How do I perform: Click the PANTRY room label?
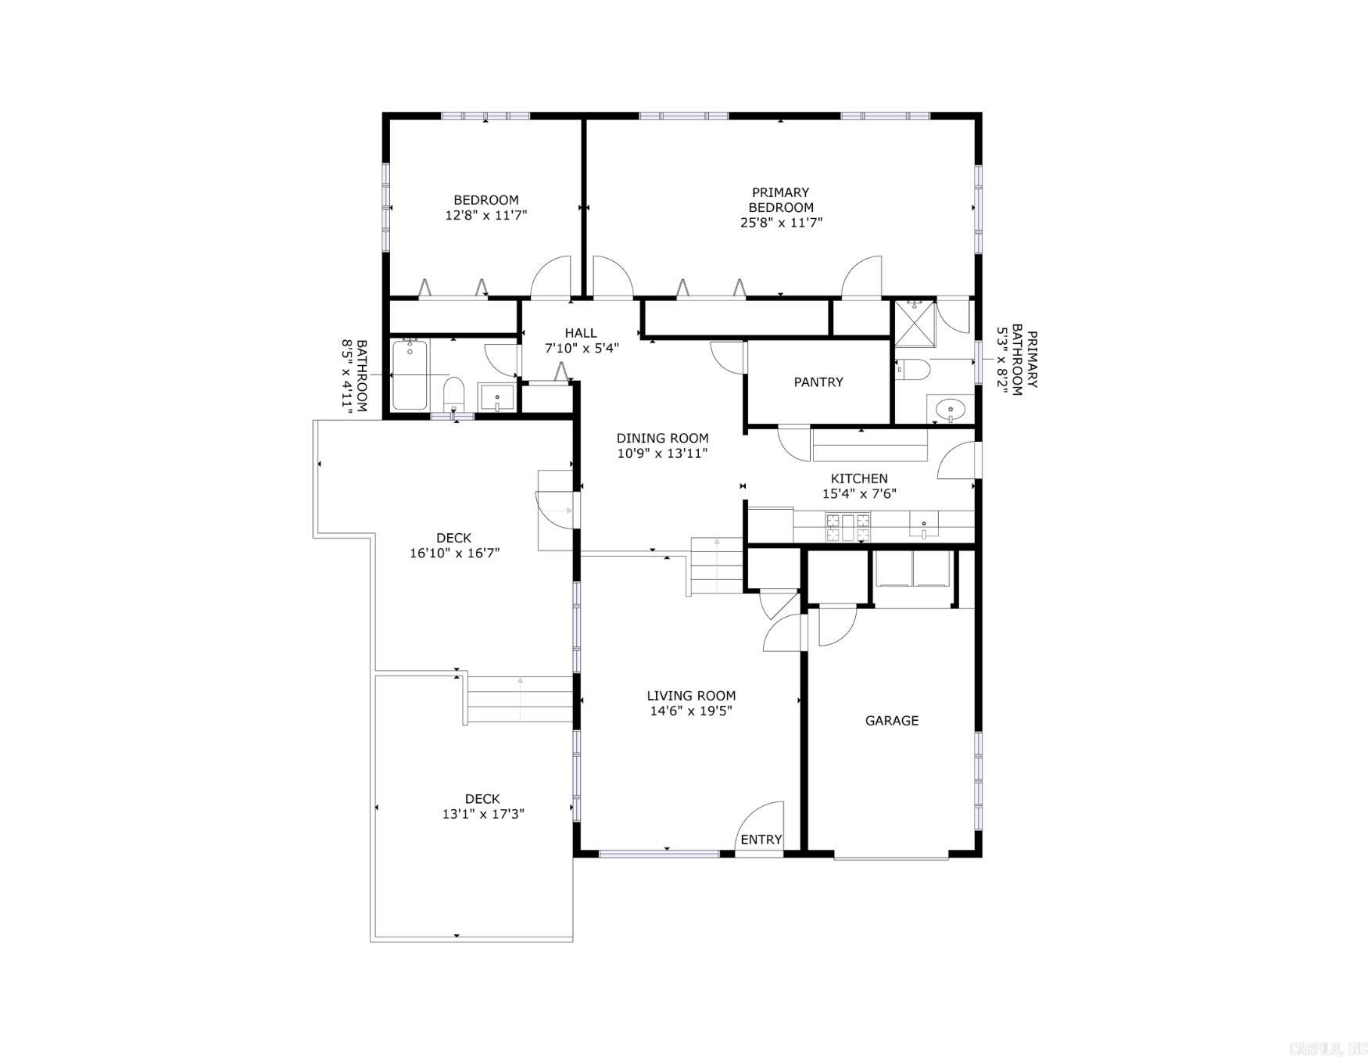(818, 382)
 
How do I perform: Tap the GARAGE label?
(891, 721)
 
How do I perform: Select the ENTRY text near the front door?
(761, 840)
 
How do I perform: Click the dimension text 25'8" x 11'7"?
(781, 223)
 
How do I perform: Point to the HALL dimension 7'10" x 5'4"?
(582, 349)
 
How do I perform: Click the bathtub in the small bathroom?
(409, 374)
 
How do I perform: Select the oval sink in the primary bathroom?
(950, 408)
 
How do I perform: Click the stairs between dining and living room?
(715, 566)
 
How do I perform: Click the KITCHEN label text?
(858, 478)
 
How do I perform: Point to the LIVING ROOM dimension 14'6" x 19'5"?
(691, 711)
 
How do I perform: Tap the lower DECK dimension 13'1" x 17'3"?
(482, 814)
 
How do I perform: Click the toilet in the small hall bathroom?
(453, 393)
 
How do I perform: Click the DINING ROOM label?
(662, 439)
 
